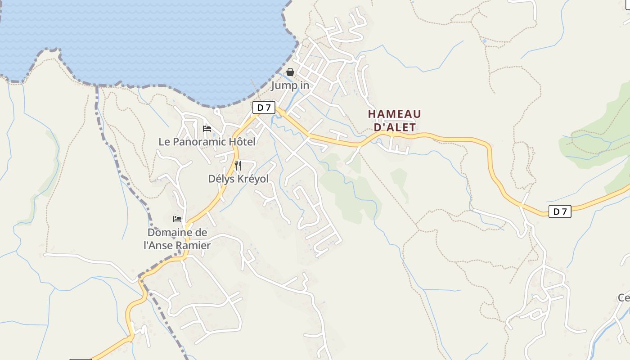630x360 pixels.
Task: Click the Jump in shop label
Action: (290, 85)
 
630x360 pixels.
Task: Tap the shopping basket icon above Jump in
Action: (290, 72)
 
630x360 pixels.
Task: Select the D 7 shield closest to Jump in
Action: (264, 108)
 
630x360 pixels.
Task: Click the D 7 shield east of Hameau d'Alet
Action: (560, 211)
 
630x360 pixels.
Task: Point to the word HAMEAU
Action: (395, 114)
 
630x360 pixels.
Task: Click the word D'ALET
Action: (395, 127)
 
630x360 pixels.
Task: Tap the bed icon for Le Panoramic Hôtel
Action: (207, 129)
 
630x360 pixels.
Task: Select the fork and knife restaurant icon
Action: (238, 165)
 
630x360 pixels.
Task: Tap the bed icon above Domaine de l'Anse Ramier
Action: (177, 219)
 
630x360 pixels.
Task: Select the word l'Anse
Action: (159, 245)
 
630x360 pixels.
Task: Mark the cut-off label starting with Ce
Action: (623, 297)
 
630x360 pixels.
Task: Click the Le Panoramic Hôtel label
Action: (207, 142)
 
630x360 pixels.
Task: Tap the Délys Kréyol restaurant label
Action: (238, 179)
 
